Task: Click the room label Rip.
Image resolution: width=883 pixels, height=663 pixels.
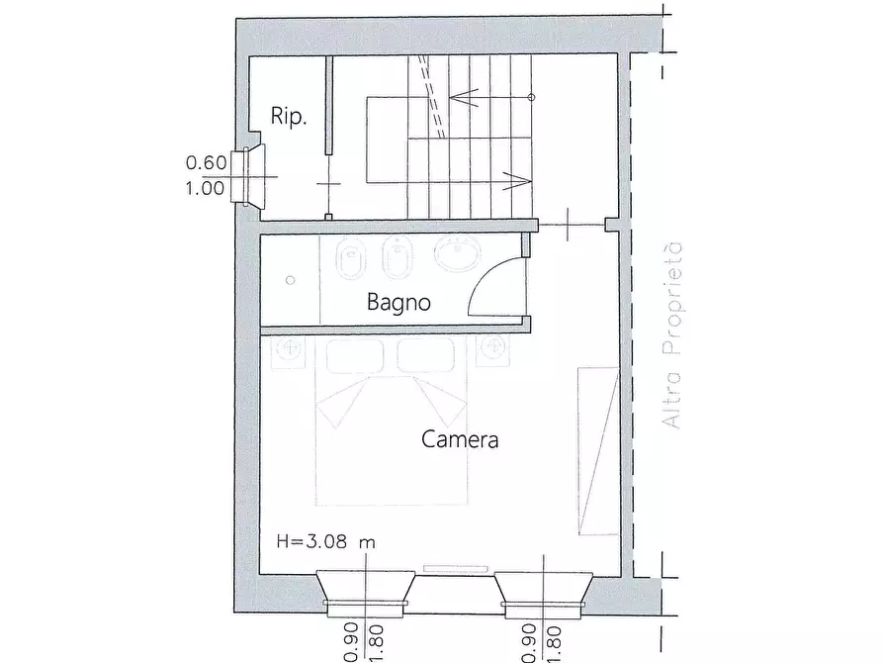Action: [x=290, y=117]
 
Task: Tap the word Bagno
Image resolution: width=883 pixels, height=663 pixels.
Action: [x=398, y=303]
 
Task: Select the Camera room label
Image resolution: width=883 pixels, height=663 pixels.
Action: [x=460, y=439]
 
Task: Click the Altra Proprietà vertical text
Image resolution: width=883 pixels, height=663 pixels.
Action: [x=672, y=336]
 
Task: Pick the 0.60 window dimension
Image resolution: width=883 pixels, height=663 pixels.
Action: [x=207, y=163]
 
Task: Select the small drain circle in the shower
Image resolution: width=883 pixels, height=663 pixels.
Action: [x=290, y=281]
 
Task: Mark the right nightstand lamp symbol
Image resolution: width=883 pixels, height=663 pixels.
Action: [x=493, y=348]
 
